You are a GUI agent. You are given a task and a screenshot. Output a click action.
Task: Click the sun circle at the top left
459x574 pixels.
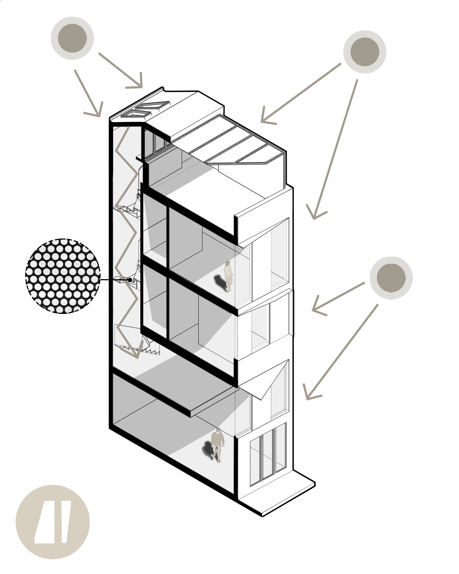[x=72, y=38]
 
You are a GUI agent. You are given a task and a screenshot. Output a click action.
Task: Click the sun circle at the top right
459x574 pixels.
[x=364, y=52]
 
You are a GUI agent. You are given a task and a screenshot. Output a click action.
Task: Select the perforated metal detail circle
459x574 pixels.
[x=63, y=276]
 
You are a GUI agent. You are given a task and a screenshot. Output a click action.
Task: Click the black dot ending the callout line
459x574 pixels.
[x=130, y=280]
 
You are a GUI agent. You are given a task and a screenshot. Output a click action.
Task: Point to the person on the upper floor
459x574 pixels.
[x=228, y=276]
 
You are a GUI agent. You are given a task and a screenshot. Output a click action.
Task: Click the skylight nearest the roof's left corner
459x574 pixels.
[x=136, y=114]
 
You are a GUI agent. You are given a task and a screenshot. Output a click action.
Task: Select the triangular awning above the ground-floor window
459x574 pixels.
[x=266, y=381]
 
